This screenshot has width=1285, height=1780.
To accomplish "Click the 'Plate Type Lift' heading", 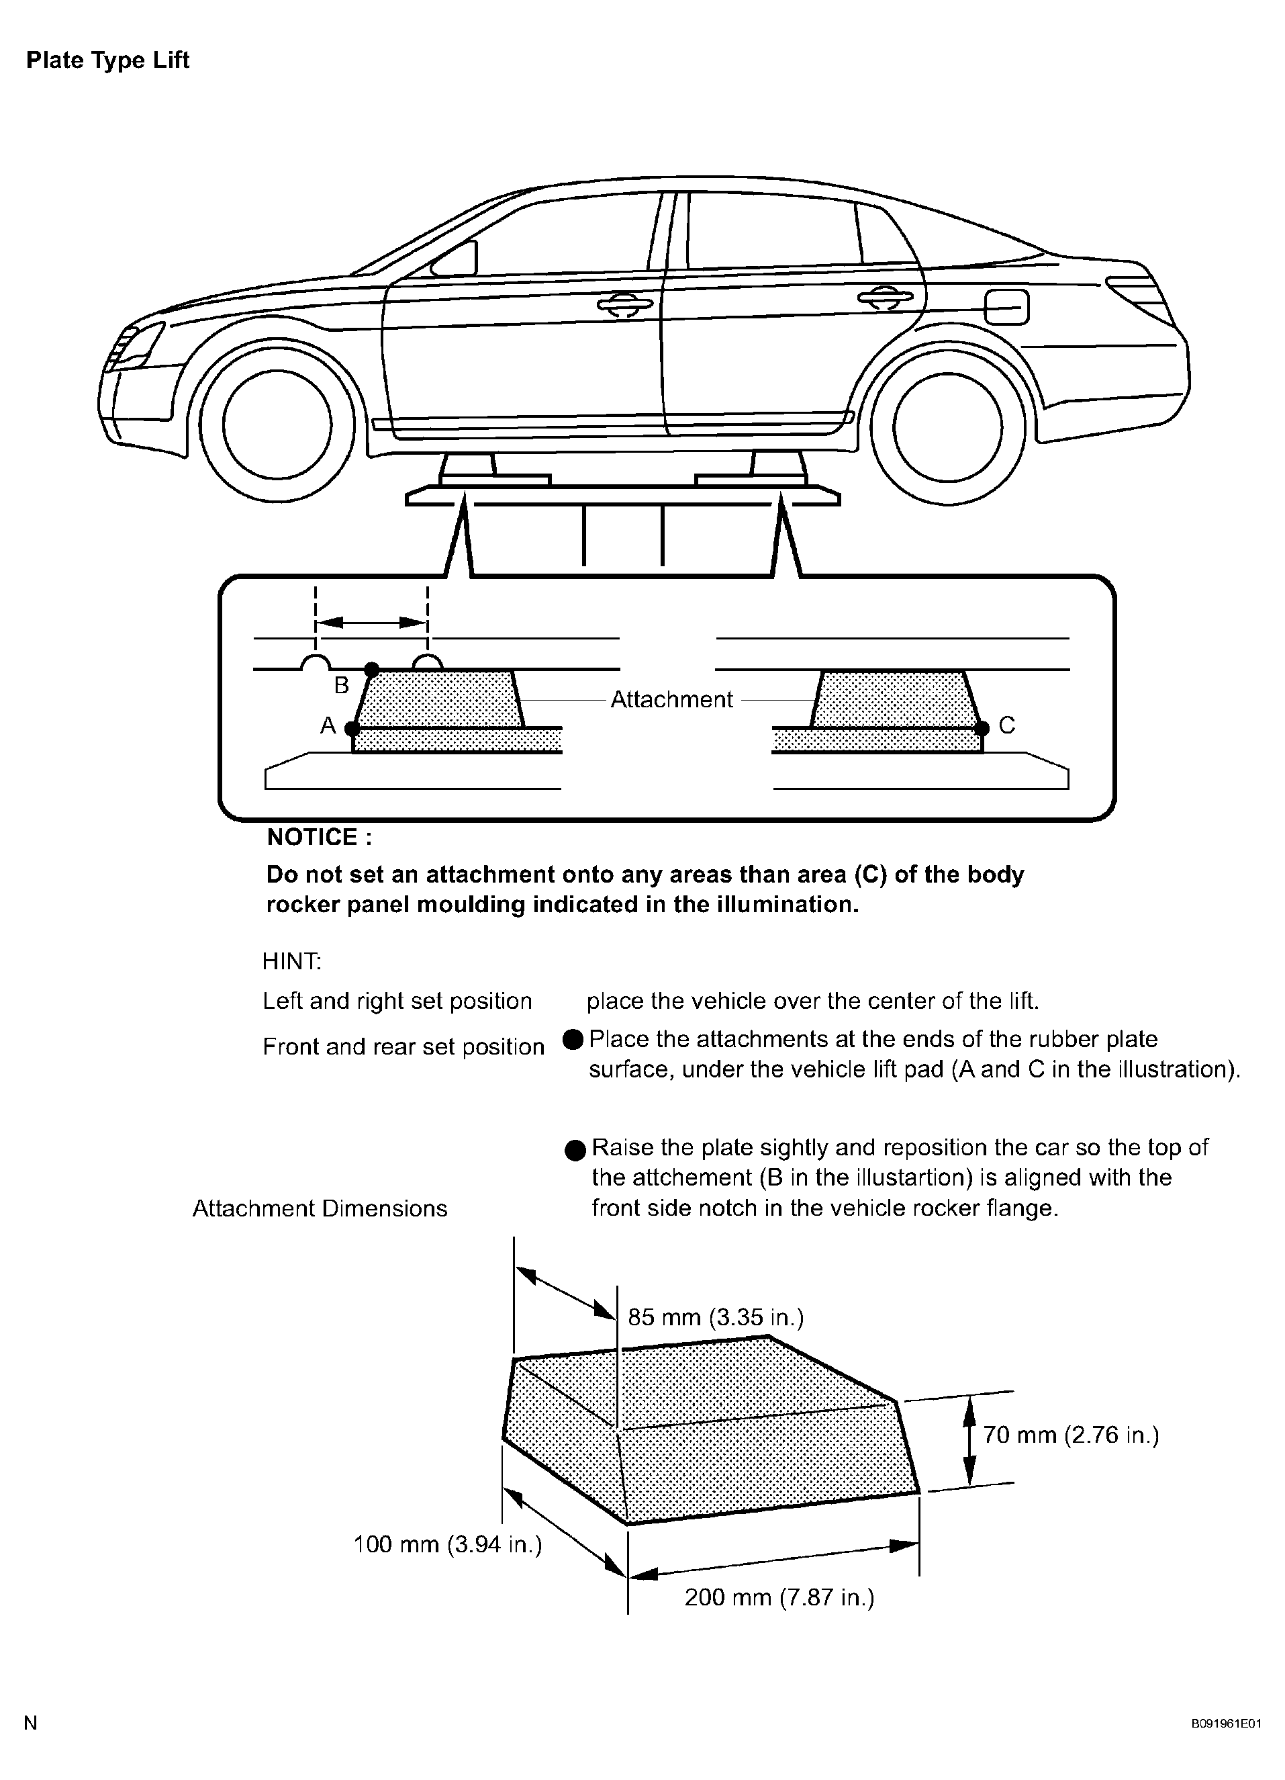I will point(107,60).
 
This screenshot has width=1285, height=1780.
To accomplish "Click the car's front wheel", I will point(276,424).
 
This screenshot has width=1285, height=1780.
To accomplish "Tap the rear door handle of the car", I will point(884,298).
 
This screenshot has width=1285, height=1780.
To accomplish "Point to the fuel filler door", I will point(1006,306).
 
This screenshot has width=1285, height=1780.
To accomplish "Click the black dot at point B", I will point(372,670).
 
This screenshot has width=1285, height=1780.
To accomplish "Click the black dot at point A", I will point(352,728).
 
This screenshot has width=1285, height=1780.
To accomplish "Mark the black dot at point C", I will point(982,728).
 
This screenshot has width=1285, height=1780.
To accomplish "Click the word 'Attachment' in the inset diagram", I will point(671,699).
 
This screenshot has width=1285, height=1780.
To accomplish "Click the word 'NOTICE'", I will point(318,838).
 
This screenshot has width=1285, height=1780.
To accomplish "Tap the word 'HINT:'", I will point(292,961).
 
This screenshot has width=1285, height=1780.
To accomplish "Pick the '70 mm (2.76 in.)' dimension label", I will point(1070,1435).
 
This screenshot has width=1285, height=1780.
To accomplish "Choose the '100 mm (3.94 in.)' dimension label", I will point(447,1544).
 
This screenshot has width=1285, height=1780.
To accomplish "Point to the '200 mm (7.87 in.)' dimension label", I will point(779,1597).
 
